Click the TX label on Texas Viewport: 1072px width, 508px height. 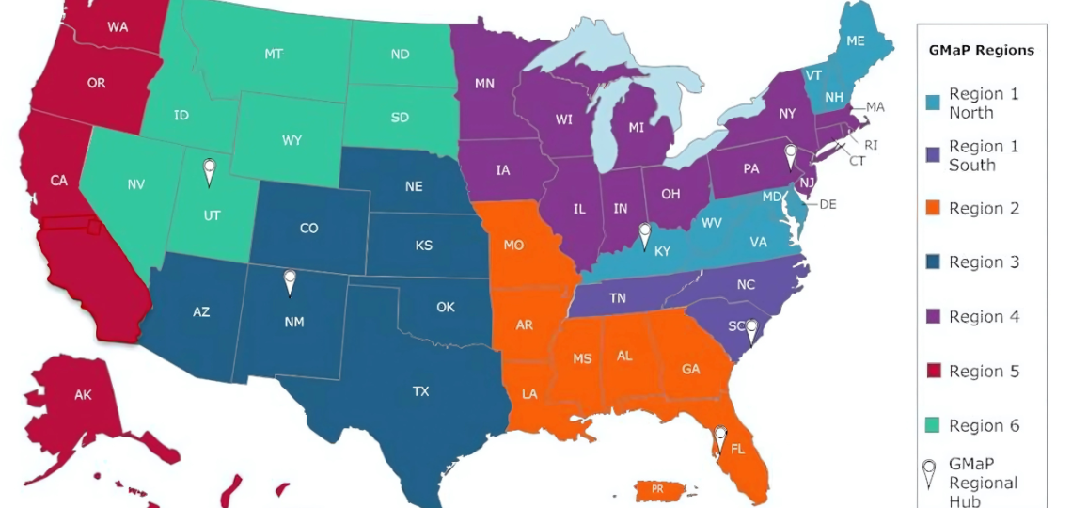pos(420,391)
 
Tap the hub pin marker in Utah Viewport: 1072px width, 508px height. pos(210,171)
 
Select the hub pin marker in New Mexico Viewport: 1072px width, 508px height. pos(291,280)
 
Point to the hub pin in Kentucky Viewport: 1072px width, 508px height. pos(644,232)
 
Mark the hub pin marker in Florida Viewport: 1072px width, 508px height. pos(720,438)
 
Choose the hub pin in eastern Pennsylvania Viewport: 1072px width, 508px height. pos(791,153)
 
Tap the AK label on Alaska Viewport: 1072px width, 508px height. pos(84,395)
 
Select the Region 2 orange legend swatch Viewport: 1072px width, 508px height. pos(933,209)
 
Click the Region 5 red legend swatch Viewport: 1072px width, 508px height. pos(933,372)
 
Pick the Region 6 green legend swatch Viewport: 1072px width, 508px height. pos(933,426)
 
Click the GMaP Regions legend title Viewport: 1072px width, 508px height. pos(982,50)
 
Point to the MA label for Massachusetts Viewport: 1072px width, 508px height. pos(875,107)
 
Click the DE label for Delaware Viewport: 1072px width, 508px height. pos(828,204)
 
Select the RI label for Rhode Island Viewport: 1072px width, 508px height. pos(871,145)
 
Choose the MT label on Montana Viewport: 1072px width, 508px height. pos(274,55)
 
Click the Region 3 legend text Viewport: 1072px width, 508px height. pos(984,262)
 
